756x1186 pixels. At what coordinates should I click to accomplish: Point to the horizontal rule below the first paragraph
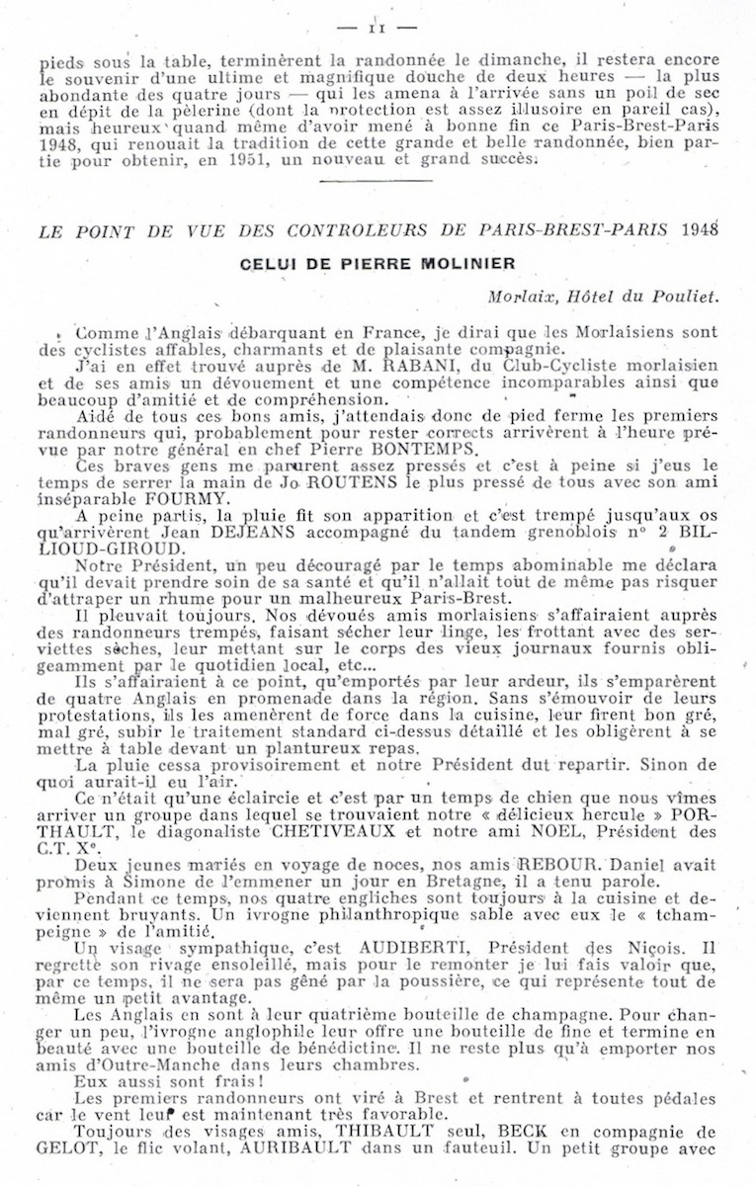377,180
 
